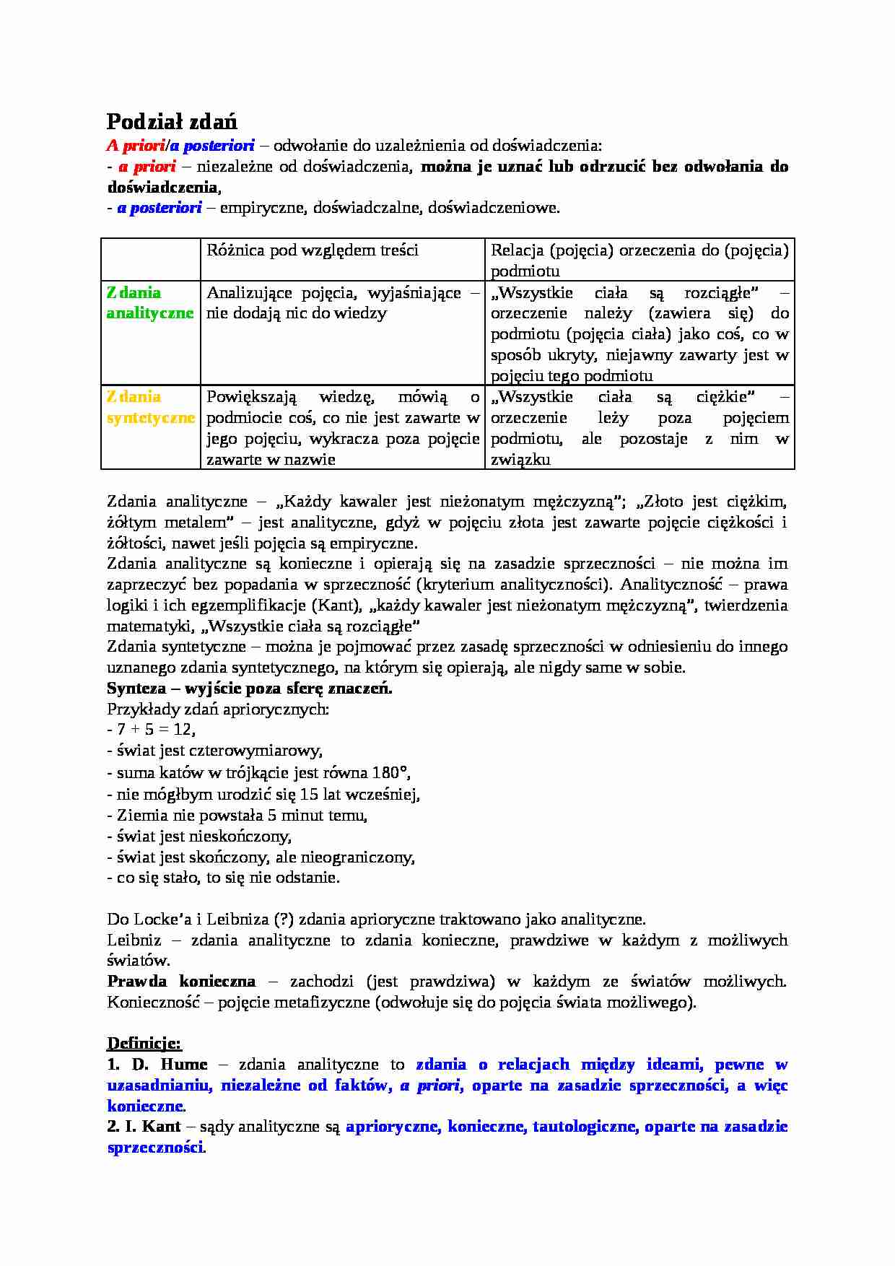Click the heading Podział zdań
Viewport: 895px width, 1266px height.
pos(172,121)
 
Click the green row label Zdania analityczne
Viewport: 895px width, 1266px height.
pos(149,302)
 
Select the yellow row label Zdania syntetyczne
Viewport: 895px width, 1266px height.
pos(150,407)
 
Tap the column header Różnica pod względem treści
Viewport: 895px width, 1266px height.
pos(313,250)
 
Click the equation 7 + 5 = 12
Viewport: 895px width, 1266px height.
pos(156,730)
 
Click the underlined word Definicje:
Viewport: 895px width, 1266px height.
pos(144,1043)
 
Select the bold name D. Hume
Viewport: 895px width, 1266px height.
pos(170,1064)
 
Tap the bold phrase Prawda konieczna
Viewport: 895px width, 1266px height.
pos(181,981)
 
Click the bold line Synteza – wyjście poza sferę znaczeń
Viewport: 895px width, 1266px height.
pos(250,688)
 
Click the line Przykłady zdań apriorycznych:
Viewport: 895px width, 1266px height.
pos(218,709)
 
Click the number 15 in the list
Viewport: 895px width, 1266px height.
pos(309,794)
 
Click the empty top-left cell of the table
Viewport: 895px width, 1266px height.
pos(150,259)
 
